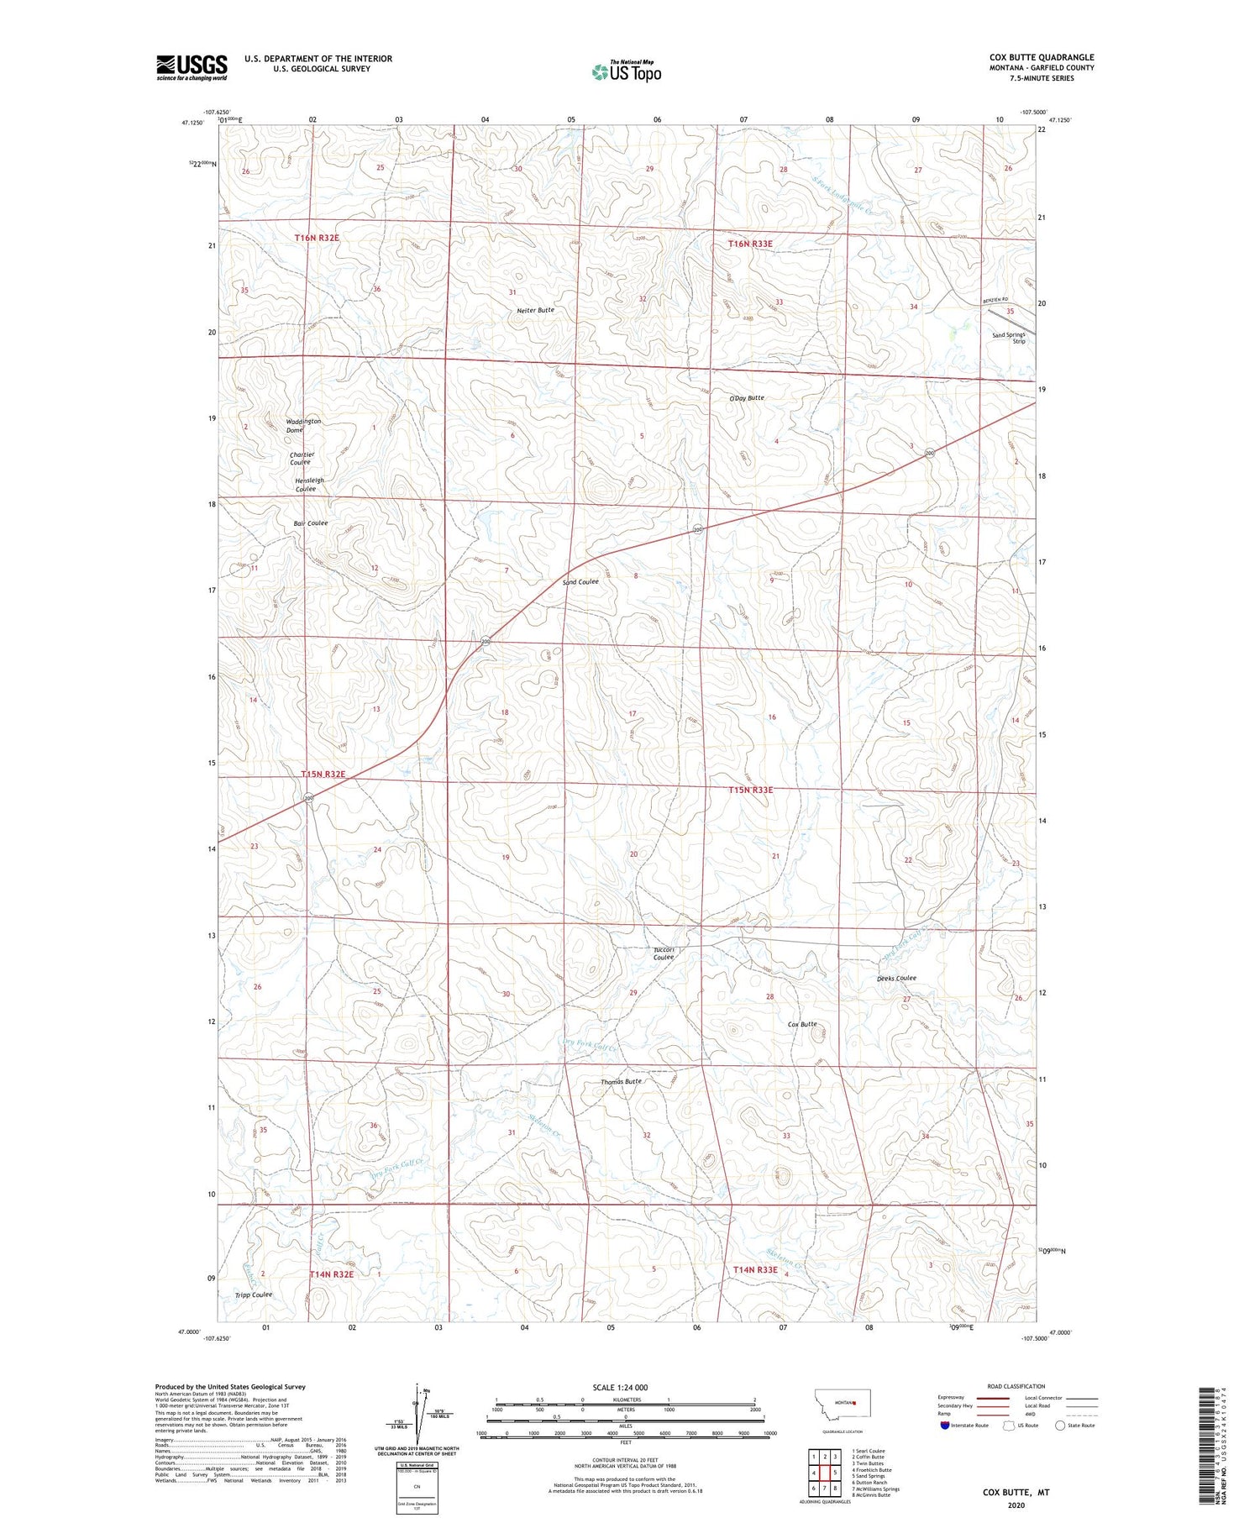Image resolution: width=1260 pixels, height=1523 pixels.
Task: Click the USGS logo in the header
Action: click(x=192, y=67)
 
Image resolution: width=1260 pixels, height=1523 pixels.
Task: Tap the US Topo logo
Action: click(x=627, y=71)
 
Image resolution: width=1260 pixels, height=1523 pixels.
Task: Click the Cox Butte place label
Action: click(x=802, y=1024)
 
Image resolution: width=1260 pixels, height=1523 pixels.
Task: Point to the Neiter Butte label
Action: click(x=535, y=310)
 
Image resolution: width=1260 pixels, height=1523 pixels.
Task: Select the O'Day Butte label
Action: click(x=746, y=397)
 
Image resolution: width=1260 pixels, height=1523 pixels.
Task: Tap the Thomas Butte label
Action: click(x=621, y=1081)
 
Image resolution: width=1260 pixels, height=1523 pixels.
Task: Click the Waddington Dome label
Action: click(x=302, y=426)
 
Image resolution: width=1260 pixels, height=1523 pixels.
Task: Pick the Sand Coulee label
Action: click(x=580, y=581)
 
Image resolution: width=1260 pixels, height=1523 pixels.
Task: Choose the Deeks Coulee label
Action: click(x=896, y=978)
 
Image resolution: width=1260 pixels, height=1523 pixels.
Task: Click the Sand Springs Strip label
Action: click(x=1009, y=338)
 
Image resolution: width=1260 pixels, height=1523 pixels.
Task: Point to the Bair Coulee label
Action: click(x=311, y=523)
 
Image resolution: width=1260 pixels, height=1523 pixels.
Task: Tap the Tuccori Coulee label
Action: click(x=664, y=953)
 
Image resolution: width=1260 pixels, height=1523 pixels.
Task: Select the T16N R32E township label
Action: click(x=317, y=238)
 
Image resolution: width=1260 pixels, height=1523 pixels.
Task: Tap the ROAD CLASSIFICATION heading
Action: click(x=1016, y=1386)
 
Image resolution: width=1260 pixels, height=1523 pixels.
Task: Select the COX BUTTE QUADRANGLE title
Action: click(x=1041, y=57)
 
